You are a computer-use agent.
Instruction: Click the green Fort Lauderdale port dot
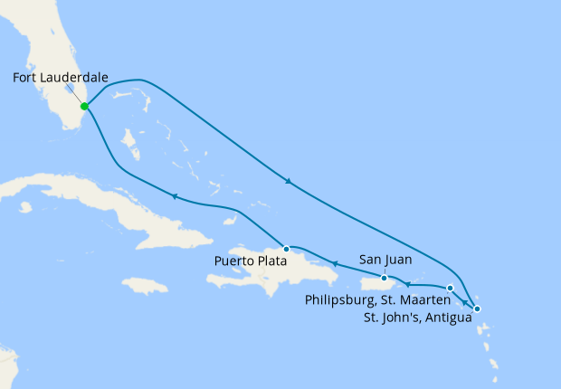[84, 106]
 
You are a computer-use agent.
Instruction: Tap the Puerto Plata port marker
[286, 248]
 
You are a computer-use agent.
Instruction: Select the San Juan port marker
[385, 278]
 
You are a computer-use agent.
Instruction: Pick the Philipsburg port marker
[451, 288]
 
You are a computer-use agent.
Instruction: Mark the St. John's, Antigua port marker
[478, 309]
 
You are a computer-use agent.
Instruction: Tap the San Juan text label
[385, 260]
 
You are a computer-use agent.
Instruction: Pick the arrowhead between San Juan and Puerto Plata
[334, 264]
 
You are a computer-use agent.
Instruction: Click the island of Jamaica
[145, 286]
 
